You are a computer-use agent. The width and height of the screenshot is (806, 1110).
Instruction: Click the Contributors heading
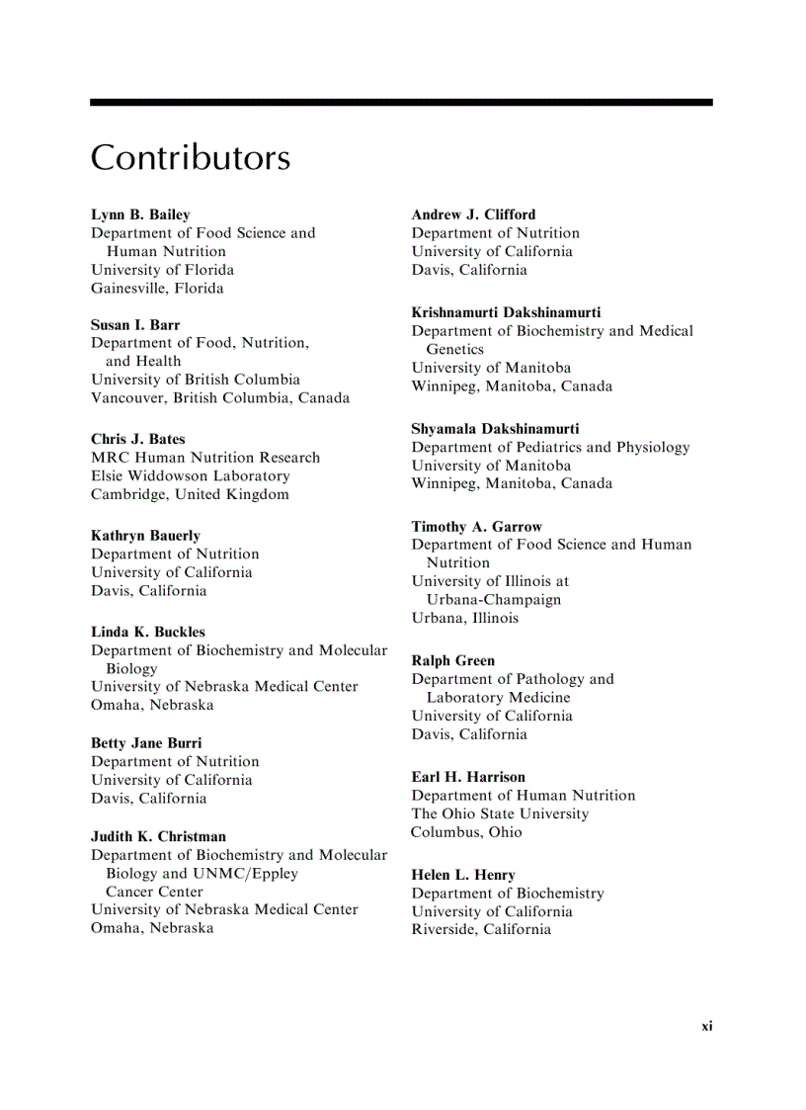191,158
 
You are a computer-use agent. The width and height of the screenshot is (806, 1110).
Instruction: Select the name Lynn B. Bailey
140,214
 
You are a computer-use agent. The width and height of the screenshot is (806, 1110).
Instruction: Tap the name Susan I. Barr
135,324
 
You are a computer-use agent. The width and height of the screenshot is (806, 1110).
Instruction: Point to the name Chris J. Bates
138,439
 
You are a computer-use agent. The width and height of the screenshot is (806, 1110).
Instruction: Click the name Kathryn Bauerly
145,536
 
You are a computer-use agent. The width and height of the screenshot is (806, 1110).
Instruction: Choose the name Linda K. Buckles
148,632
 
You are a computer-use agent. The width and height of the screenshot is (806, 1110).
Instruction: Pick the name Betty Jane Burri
146,742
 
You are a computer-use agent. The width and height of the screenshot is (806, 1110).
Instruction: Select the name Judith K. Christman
158,836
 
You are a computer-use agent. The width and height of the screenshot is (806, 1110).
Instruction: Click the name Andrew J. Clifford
473,214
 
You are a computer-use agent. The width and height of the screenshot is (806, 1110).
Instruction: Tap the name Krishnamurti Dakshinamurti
506,312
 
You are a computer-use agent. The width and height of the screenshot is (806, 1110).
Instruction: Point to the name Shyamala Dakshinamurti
495,429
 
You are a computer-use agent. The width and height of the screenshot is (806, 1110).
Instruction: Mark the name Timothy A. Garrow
477,527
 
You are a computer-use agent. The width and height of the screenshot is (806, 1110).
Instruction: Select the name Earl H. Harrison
468,777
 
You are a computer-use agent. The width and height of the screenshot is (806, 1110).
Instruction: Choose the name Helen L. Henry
463,875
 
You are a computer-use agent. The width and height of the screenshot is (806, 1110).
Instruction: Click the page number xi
706,1026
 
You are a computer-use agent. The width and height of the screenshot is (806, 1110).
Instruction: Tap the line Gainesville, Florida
157,289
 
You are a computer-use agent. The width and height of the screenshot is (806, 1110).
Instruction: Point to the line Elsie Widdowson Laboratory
191,475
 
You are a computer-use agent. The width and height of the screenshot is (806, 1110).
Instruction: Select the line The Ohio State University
500,813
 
